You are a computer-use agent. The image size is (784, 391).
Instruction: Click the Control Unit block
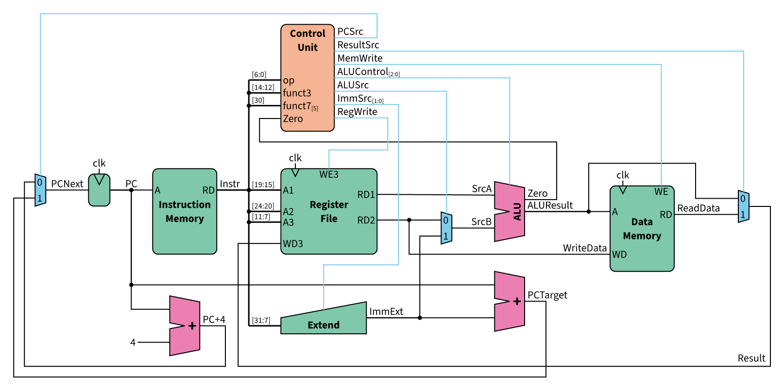click(307, 78)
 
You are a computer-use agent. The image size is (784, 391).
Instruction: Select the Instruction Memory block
click(185, 211)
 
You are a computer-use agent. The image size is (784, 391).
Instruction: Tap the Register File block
click(329, 211)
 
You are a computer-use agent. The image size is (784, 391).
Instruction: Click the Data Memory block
click(642, 228)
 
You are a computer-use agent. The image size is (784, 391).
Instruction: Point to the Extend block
click(324, 321)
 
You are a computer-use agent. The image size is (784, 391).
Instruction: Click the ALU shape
click(510, 212)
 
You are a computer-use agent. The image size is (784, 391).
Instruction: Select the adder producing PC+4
click(185, 325)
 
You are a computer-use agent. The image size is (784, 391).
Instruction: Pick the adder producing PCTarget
click(510, 301)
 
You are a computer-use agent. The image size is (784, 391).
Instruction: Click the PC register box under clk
click(99, 190)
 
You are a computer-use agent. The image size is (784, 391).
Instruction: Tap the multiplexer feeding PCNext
click(40, 190)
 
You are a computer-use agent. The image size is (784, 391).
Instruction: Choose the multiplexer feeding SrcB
click(446, 228)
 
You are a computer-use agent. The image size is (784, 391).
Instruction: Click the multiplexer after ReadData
click(743, 206)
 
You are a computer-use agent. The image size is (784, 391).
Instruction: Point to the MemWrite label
click(360, 58)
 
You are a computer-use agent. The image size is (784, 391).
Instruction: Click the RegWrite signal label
click(357, 112)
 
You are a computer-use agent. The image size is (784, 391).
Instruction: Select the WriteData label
click(584, 248)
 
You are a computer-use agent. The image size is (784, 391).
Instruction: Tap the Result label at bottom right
click(751, 358)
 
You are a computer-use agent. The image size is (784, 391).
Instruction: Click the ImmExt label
click(386, 312)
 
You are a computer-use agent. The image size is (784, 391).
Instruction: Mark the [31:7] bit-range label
click(261, 321)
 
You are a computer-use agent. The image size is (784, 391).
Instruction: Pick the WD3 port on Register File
click(293, 244)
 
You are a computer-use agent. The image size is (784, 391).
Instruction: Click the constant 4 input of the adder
click(133, 342)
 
